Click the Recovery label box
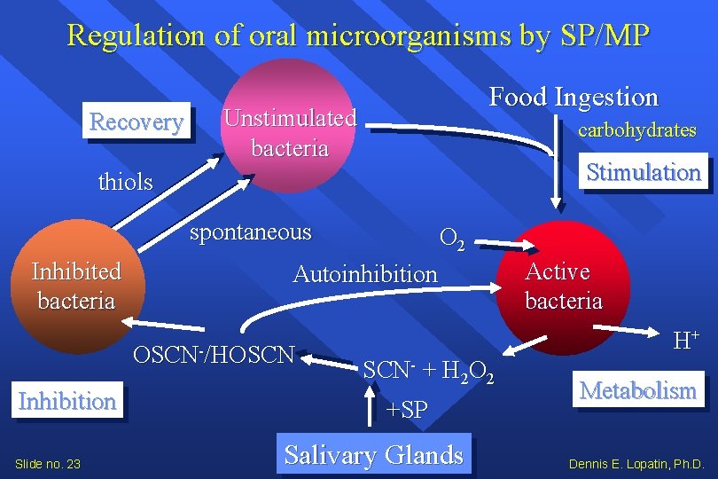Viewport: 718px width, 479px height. click(x=137, y=122)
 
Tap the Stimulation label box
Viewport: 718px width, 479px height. click(x=644, y=172)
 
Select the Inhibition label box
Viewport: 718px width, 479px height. click(x=67, y=401)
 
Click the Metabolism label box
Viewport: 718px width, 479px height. click(x=638, y=390)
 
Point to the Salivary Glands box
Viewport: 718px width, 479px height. click(x=373, y=455)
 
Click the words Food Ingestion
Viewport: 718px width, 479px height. click(x=574, y=97)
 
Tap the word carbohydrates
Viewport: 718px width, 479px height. click(x=636, y=130)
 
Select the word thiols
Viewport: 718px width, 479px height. click(x=125, y=183)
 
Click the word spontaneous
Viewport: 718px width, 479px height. click(x=252, y=232)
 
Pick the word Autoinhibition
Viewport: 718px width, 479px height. click(x=365, y=274)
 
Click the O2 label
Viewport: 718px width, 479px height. click(x=450, y=238)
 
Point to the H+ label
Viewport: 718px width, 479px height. click(x=686, y=338)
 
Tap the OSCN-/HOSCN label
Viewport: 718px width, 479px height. click(x=213, y=355)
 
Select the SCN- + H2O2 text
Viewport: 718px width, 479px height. click(x=428, y=370)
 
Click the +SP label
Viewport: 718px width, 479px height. click(x=407, y=409)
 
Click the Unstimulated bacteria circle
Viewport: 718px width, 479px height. click(x=290, y=124)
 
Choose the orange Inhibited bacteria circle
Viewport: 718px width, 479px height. click(x=75, y=293)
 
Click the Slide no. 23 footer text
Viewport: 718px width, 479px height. click(x=49, y=463)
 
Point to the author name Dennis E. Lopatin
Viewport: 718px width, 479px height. click(x=636, y=463)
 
